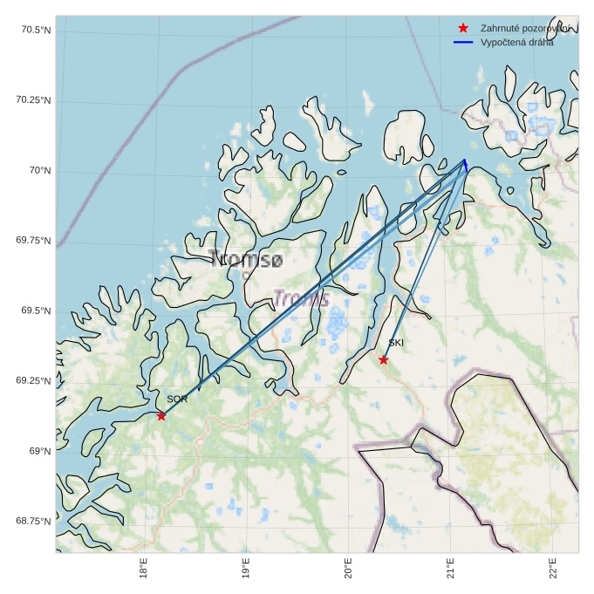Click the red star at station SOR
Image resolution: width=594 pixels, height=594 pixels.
point(161,416)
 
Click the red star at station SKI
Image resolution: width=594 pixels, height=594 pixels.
point(384,360)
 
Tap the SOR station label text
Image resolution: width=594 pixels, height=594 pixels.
point(177,399)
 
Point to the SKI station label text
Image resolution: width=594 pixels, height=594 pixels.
point(396,343)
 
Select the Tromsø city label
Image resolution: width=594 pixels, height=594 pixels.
point(246,259)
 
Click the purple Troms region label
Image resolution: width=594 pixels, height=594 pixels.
point(301,299)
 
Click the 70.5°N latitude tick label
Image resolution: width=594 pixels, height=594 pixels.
point(36,31)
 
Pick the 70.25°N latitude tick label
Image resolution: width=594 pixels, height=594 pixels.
point(33,100)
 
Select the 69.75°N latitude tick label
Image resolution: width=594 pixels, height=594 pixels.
point(33,241)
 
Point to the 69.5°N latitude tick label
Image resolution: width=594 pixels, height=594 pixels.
point(36,311)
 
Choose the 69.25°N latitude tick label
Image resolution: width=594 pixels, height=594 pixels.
point(33,381)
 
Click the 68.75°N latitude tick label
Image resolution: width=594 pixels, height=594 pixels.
point(33,522)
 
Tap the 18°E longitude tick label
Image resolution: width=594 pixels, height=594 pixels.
point(144,570)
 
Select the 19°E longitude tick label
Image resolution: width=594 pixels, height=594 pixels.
point(247,570)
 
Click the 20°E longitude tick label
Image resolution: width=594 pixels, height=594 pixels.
point(349,570)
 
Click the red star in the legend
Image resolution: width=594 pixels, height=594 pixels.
point(463,29)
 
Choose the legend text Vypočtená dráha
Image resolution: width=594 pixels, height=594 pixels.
point(516,42)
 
